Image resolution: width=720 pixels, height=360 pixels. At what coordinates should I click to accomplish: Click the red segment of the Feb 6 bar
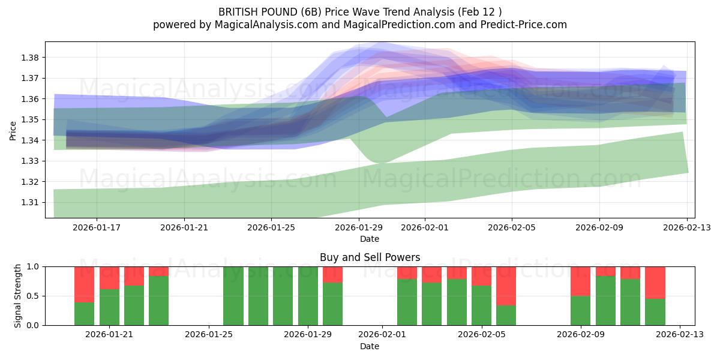tap(506, 286)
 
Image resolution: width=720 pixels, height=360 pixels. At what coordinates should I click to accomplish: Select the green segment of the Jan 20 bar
tap(85, 314)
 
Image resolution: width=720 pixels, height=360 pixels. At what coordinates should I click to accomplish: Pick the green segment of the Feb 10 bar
tap(605, 301)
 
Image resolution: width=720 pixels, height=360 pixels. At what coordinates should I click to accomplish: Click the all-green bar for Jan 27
tap(258, 296)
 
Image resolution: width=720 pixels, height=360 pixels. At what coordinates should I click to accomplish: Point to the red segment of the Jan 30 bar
tap(332, 274)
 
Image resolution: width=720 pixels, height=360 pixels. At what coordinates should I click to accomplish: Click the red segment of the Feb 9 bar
tap(580, 281)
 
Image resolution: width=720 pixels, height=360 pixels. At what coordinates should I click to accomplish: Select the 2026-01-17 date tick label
tap(97, 228)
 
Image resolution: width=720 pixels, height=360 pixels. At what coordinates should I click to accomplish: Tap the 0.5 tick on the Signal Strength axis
tap(33, 296)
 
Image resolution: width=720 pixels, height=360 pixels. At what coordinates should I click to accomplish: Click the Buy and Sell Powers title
tap(370, 257)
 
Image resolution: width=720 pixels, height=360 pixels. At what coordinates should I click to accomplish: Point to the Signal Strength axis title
tap(18, 296)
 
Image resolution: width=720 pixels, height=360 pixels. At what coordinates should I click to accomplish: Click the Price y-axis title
tap(13, 130)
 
